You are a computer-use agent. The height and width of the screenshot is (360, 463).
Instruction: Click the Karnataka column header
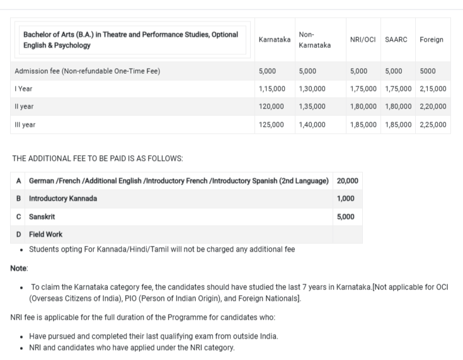pyautogui.click(x=275, y=39)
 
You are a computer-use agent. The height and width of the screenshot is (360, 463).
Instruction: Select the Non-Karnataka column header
pyautogui.click(x=314, y=39)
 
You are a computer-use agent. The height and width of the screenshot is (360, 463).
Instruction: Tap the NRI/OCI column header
pyautogui.click(x=363, y=39)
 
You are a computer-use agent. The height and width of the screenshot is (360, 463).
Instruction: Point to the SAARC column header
pyautogui.click(x=396, y=39)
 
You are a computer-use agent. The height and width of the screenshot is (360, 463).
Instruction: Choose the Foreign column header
pyautogui.click(x=431, y=39)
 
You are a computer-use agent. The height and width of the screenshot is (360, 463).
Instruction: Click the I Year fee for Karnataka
pyautogui.click(x=272, y=89)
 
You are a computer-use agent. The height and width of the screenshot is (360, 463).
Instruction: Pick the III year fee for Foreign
pyautogui.click(x=433, y=125)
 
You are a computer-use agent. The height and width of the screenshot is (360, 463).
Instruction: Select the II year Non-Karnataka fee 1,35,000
pyautogui.click(x=312, y=107)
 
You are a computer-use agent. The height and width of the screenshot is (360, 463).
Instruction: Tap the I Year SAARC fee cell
pyautogui.click(x=398, y=89)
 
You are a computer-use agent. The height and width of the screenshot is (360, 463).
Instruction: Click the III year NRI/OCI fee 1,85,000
pyautogui.click(x=363, y=125)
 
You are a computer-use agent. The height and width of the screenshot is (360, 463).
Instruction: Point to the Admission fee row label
pyautogui.click(x=87, y=71)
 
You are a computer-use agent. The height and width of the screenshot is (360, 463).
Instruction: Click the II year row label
pyautogui.click(x=24, y=107)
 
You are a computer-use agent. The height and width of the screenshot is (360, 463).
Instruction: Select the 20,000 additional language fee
pyautogui.click(x=348, y=181)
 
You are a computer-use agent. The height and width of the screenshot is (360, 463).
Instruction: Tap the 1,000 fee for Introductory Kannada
pyautogui.click(x=345, y=199)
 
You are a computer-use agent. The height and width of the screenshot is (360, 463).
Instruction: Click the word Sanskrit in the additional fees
pyautogui.click(x=42, y=216)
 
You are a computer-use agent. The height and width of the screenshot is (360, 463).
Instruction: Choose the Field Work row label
pyautogui.click(x=45, y=234)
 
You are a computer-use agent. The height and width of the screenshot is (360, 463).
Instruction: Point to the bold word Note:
pyautogui.click(x=19, y=269)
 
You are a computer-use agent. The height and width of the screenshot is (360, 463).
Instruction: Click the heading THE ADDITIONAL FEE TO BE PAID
pyautogui.click(x=98, y=158)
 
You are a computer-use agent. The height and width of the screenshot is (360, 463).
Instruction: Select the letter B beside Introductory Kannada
pyautogui.click(x=19, y=199)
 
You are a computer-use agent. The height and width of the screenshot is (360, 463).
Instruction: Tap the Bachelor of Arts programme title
pyautogui.click(x=130, y=39)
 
